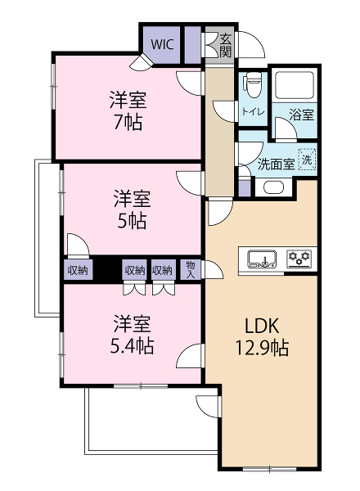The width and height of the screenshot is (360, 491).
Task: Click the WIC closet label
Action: (x=162, y=44)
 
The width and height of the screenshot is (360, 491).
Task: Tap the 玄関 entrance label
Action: (x=225, y=45)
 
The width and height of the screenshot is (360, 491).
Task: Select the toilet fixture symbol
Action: (x=252, y=84)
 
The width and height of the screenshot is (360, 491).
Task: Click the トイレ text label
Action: (x=254, y=111)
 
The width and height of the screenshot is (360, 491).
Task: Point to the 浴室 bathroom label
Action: (x=301, y=115)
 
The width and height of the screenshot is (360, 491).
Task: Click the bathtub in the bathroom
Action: (x=294, y=84)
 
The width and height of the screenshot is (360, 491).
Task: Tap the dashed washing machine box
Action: (x=307, y=160)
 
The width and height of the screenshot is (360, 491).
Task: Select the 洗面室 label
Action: (x=276, y=164)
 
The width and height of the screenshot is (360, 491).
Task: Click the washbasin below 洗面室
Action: (x=273, y=187)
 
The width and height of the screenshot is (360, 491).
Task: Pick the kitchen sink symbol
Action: (x=262, y=259)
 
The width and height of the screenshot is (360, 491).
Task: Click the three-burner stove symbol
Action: (x=299, y=259)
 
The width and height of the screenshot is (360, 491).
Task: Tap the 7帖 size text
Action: (x=128, y=122)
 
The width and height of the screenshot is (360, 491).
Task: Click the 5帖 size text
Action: (x=132, y=221)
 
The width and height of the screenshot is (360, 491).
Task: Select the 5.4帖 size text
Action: (x=132, y=346)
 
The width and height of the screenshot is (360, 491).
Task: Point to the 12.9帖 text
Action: (x=262, y=348)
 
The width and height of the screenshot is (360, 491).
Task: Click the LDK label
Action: (x=262, y=326)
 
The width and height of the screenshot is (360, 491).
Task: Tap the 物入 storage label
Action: (x=191, y=269)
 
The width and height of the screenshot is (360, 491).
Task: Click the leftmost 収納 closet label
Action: (x=78, y=270)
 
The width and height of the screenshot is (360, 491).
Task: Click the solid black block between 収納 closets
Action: (x=107, y=269)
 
